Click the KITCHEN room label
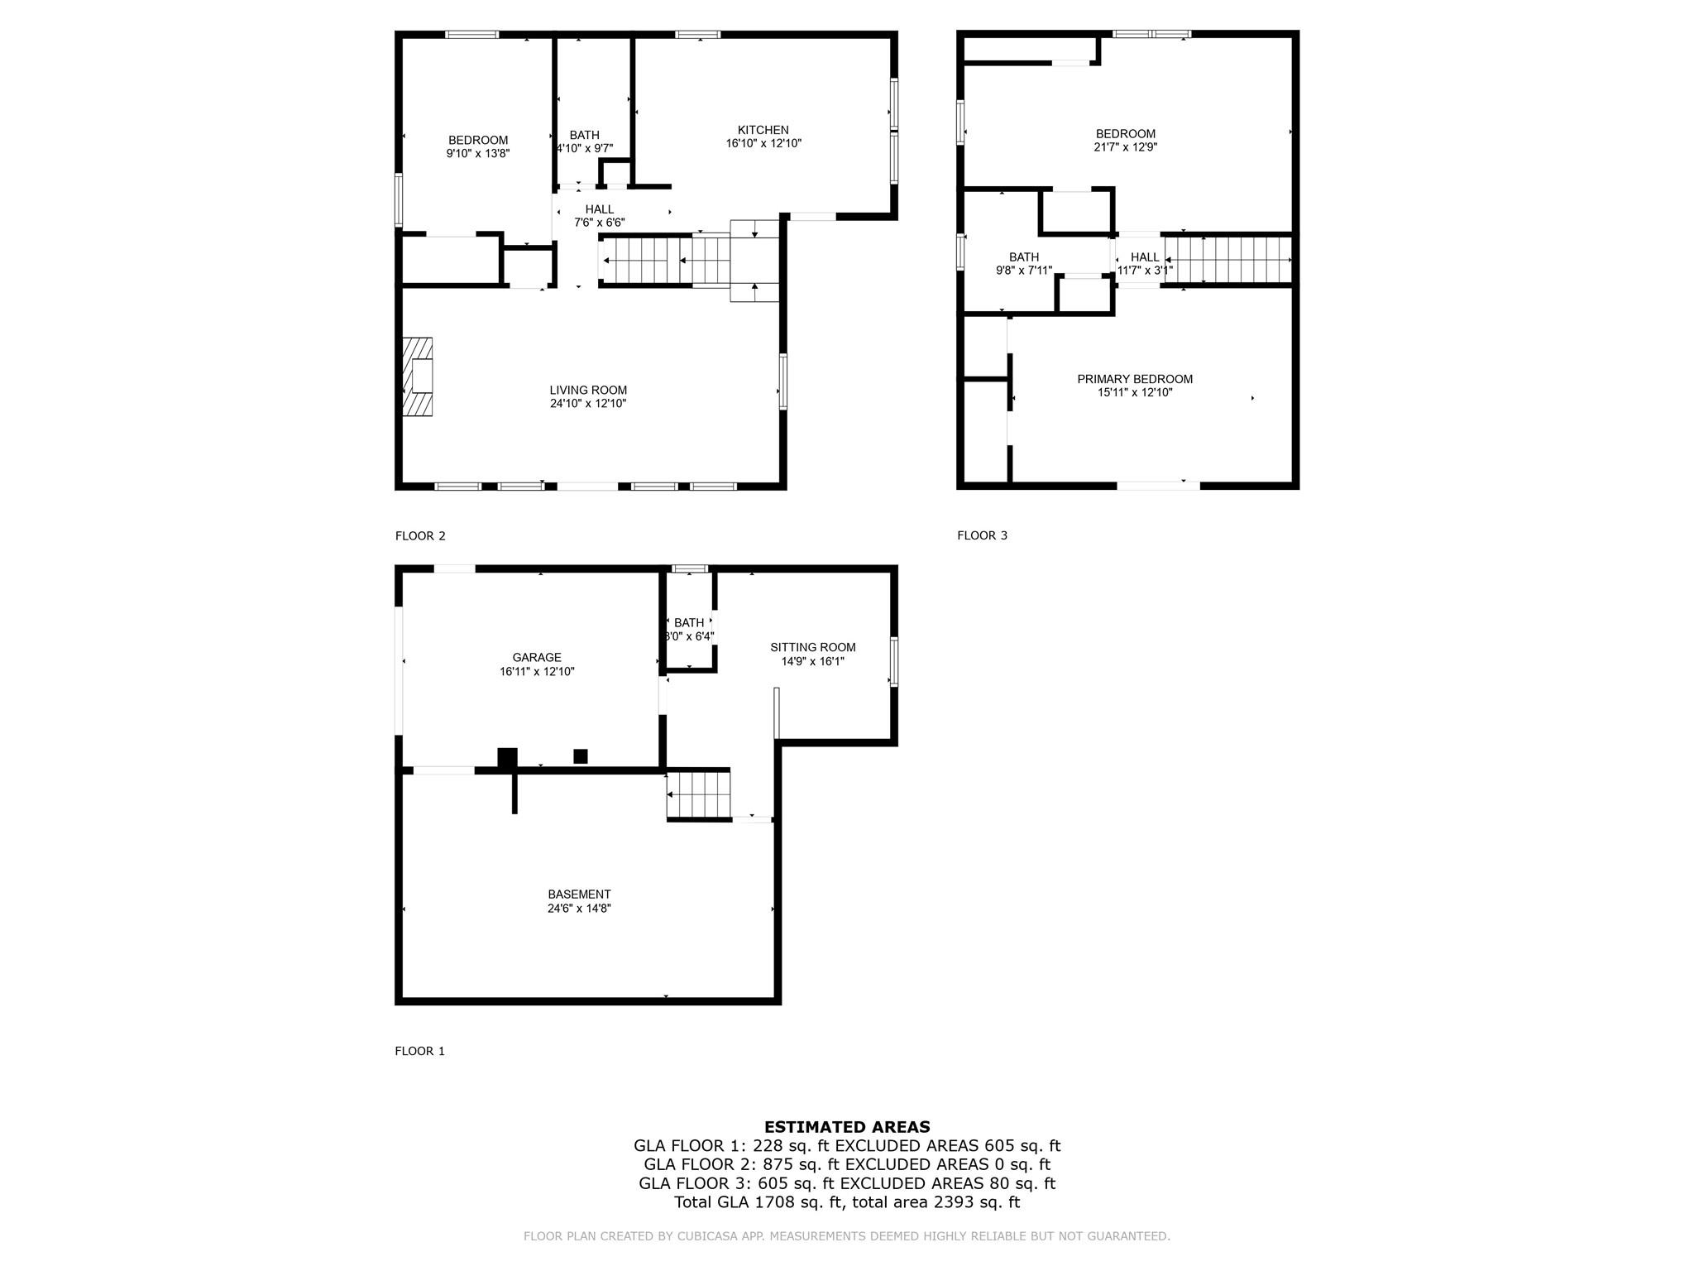(763, 130)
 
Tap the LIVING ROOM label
(588, 391)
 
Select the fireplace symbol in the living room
(418, 377)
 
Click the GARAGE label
(537, 658)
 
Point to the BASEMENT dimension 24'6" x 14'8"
(579, 909)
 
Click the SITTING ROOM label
(812, 648)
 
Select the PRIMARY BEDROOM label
(1134, 379)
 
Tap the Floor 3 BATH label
(1023, 257)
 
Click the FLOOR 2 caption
(420, 536)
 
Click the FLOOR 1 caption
(420, 1051)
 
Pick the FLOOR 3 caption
(982, 535)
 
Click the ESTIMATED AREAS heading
(846, 1127)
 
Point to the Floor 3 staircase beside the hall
(1227, 260)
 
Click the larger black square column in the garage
(507, 757)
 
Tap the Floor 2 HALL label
(600, 209)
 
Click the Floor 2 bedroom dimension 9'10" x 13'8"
(478, 153)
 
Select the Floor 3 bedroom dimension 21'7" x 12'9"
(1125, 147)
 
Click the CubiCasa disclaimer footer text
(846, 1236)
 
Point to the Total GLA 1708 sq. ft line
(846, 1202)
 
